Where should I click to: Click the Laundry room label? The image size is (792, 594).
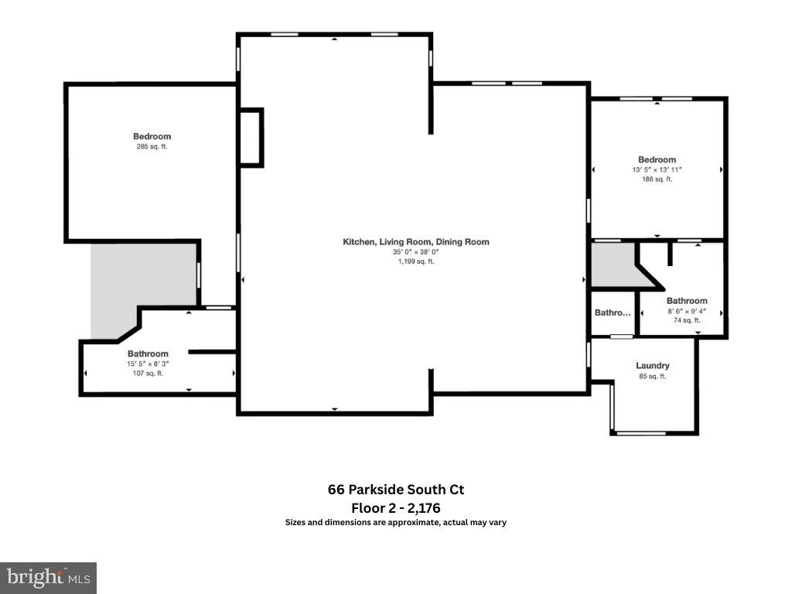point(653,366)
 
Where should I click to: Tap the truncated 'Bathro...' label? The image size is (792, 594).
point(613,313)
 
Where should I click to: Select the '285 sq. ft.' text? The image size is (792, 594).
point(152,147)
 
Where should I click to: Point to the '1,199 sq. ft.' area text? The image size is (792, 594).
point(416,261)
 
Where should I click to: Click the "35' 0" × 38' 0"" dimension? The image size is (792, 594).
point(416,251)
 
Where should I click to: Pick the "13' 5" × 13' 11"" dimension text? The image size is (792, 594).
point(657,169)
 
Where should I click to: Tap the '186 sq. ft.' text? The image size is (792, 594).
point(657,179)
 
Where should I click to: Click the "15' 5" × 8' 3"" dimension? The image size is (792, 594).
point(148,364)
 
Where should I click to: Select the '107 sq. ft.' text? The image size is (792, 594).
point(148,374)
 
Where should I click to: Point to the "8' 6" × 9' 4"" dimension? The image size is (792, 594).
point(687,311)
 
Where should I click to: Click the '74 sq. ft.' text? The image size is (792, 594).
point(687,320)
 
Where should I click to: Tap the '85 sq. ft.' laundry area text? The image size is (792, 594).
point(653,377)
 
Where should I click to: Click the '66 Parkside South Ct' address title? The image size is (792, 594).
point(396,490)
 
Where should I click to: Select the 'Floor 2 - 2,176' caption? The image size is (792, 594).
point(396,508)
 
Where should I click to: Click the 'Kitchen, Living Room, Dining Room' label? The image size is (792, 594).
point(416,242)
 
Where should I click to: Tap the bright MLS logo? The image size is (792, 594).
point(48,577)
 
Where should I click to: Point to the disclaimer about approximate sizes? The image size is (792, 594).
point(396,523)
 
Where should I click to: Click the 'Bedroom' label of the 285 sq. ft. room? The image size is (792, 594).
point(152,137)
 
